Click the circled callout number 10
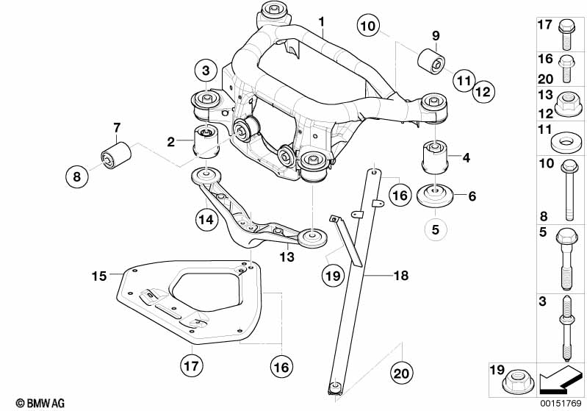click(368, 26)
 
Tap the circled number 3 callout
click(206, 70)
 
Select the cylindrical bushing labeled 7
click(116, 154)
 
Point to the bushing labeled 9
click(431, 61)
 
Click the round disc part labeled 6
click(435, 196)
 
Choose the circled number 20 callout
click(401, 374)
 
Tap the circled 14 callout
click(206, 219)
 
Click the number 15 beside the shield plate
click(99, 276)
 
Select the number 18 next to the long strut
click(401, 276)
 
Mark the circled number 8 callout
click(76, 176)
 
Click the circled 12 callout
click(483, 91)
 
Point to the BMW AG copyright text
click(40, 403)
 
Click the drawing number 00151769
click(561, 404)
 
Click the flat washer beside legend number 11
click(567, 142)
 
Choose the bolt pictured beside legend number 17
click(566, 35)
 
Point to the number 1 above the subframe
click(321, 22)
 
